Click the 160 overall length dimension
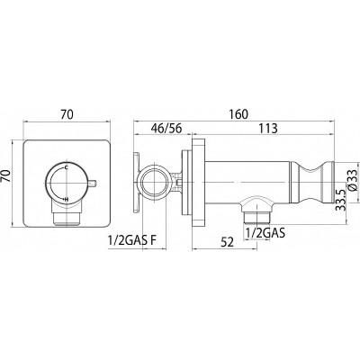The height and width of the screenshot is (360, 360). pyautogui.click(x=238, y=114)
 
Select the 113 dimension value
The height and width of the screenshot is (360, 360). pyautogui.click(x=268, y=129)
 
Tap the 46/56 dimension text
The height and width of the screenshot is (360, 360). pyautogui.click(x=166, y=129)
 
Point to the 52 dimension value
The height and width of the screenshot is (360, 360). pyautogui.click(x=228, y=242)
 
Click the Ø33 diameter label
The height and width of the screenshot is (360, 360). pyautogui.click(x=353, y=179)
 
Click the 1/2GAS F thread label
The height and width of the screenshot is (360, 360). pyautogui.click(x=132, y=240)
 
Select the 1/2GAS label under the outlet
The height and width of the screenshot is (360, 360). pyautogui.click(x=265, y=232)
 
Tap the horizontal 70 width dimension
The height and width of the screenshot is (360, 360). pyautogui.click(x=67, y=114)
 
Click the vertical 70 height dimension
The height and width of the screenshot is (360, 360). pyautogui.click(x=6, y=176)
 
